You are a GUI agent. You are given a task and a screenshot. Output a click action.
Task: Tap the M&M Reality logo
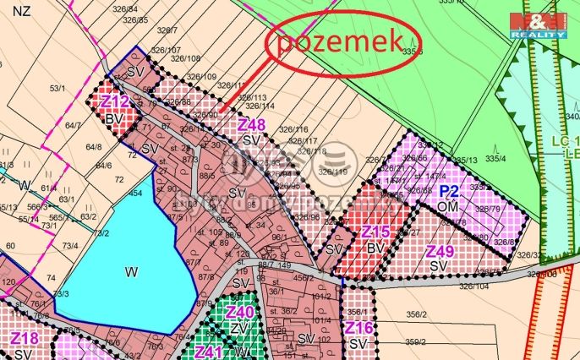click(x=539, y=25)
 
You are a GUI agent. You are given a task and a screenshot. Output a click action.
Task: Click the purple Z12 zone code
click(x=114, y=102)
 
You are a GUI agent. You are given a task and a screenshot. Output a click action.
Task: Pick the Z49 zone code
click(x=440, y=251)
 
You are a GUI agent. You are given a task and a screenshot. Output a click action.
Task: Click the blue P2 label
click(x=448, y=191)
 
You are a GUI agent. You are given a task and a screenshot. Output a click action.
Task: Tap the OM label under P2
click(x=448, y=205)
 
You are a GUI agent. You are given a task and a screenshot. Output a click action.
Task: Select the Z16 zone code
click(x=358, y=328)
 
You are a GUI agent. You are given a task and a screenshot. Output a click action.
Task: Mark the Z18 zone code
click(x=25, y=339)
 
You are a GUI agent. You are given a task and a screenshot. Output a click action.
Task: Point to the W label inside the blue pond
click(x=130, y=272)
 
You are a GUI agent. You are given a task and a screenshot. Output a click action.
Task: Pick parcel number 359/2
click(x=414, y=342)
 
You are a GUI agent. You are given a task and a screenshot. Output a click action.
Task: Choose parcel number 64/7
click(x=73, y=126)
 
